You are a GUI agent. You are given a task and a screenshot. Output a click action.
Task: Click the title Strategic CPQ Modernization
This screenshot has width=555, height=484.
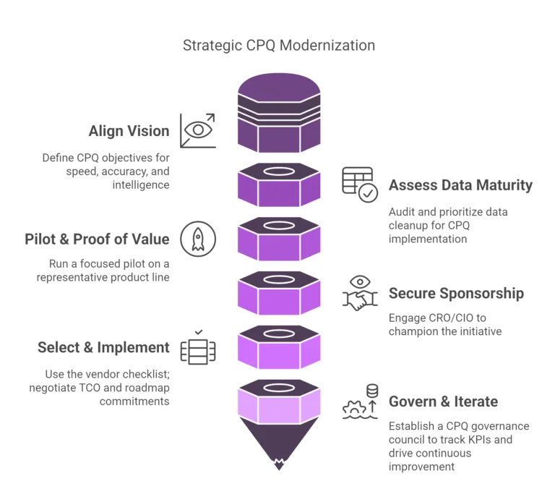point(277,46)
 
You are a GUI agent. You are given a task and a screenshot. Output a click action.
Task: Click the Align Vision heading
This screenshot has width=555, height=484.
point(130,132)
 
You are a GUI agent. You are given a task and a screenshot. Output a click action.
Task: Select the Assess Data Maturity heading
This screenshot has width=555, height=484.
point(460,185)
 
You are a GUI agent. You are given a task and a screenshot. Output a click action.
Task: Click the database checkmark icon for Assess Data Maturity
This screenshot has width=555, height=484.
point(359,182)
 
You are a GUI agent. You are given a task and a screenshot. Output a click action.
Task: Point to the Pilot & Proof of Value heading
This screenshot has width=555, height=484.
point(98,239)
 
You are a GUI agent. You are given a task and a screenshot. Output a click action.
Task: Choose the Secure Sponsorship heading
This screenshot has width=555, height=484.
point(455,293)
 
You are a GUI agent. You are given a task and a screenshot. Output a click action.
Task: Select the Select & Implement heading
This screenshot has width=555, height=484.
point(104,347)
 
